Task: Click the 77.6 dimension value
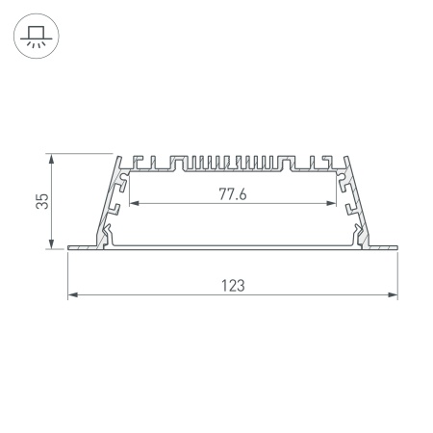coord(233,194)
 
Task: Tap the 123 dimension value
coord(233,285)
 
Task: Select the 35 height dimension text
coord(40,201)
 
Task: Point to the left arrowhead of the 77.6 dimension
coord(132,204)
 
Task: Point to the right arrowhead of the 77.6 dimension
coord(334,204)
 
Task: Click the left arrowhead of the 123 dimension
coord(70,295)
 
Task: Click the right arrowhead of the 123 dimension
coord(395,295)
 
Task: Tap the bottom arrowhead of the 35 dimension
coord(49,247)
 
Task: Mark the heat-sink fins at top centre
coord(233,164)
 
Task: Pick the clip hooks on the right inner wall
coord(349,206)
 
